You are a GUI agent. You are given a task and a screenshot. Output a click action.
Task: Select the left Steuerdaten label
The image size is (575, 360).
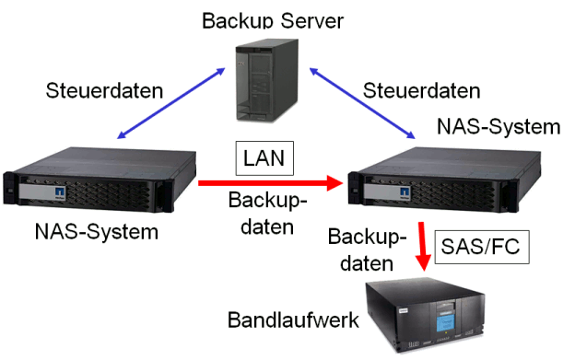105,90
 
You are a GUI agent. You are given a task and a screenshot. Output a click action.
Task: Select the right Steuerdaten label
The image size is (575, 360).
421,90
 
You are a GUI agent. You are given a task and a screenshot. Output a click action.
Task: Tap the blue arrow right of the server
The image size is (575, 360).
361,102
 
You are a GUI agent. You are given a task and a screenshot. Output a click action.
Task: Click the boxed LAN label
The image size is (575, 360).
264,157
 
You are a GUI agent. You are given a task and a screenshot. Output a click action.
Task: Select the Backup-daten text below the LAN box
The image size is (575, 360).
268,214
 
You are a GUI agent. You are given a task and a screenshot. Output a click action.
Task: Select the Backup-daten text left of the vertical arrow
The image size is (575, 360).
367,250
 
